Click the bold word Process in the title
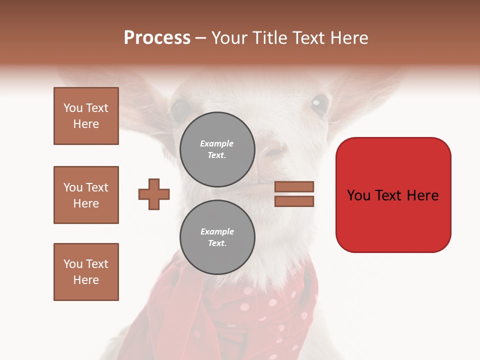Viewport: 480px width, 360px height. [x=157, y=38]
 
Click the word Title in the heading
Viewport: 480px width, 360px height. [x=268, y=38]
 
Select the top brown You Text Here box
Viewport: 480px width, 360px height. [x=86, y=116]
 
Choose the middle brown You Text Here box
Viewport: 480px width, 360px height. [x=86, y=195]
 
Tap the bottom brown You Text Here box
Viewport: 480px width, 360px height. [x=86, y=272]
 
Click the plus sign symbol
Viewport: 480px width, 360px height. [x=154, y=194]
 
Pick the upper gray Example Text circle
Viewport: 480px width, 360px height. [x=217, y=149]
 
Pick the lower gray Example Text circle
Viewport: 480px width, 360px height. [x=217, y=237]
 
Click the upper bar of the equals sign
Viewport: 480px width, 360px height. [x=294, y=186]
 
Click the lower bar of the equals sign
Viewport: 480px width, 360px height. [x=294, y=201]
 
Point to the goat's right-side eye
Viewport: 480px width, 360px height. [x=319, y=104]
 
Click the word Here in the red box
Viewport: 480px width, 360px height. [x=422, y=195]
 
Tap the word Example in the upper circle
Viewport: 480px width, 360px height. [x=217, y=143]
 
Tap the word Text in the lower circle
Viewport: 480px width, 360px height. [x=217, y=243]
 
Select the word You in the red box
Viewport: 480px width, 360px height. [x=359, y=195]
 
